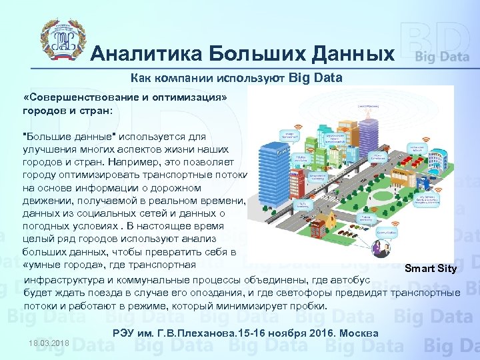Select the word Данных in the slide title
point(347,53)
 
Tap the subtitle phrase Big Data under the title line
point(316,78)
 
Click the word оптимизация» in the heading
point(194,97)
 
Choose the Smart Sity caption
point(431,269)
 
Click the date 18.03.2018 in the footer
point(49,343)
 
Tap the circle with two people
point(381,249)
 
